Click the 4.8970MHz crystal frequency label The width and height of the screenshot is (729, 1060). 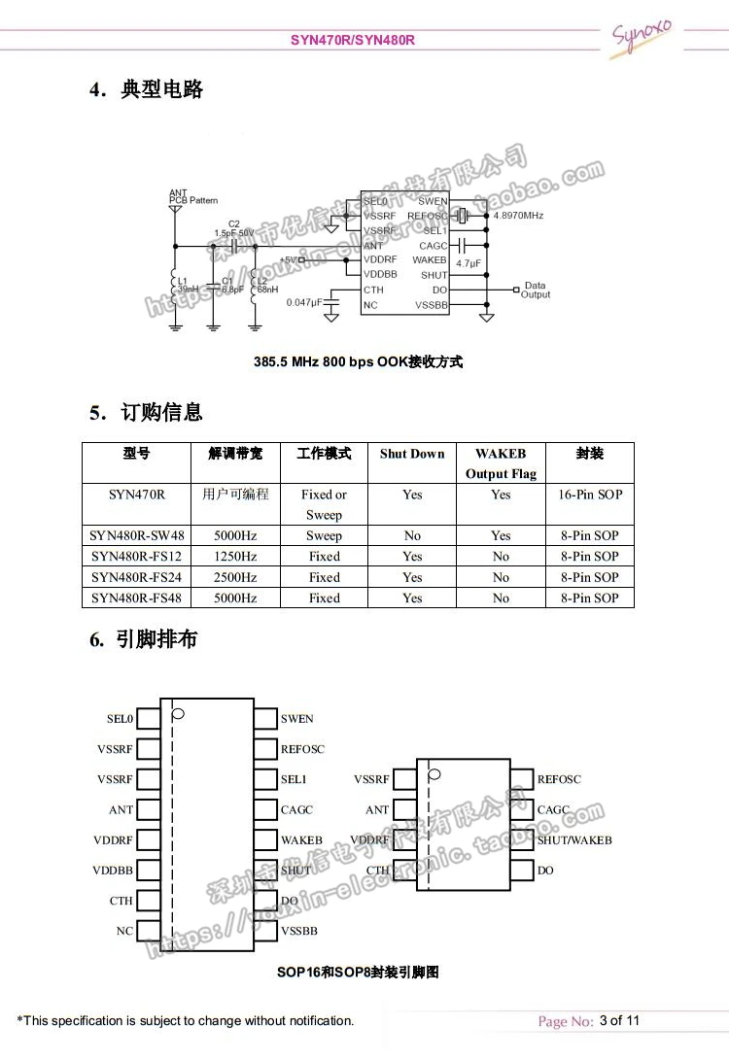coord(518,216)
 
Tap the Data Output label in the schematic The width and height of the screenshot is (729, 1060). coord(536,291)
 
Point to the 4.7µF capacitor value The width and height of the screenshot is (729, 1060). coord(468,263)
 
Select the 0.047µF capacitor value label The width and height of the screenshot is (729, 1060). coord(303,303)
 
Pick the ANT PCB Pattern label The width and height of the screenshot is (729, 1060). coord(193,197)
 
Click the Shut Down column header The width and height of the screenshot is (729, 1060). coord(412,454)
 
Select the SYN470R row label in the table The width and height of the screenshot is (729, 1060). coord(136,495)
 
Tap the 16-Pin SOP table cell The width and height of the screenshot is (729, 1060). coord(590,495)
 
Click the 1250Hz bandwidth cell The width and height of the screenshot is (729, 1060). coord(235,557)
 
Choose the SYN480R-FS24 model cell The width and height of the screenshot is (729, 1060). coord(136,577)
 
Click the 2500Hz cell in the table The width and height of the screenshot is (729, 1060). coord(235,577)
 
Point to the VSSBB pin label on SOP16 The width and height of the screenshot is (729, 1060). coord(299,931)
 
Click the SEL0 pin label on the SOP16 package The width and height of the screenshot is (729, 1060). coord(120,719)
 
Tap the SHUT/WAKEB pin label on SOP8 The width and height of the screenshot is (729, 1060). coord(574,840)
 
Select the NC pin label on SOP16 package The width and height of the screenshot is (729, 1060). coord(124,931)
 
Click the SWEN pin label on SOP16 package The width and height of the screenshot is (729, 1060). coord(297,719)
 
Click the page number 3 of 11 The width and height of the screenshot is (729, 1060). coord(620,1020)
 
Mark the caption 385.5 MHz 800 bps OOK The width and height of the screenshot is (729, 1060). coord(359,361)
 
